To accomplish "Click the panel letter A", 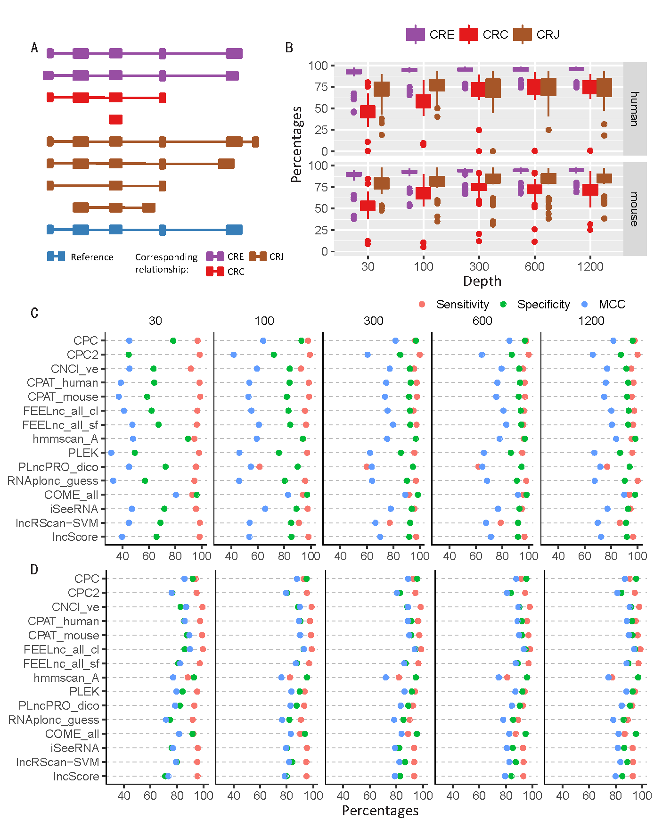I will (34, 48).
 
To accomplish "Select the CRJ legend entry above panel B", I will (537, 34).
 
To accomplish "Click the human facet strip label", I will (635, 109).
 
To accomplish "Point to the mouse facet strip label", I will (635, 209).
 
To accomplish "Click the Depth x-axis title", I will (482, 281).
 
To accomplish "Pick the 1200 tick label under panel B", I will (590, 266).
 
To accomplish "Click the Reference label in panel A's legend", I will (92, 257).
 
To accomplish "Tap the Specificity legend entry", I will (543, 305).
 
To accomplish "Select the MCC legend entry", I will (612, 305).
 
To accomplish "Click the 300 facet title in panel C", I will (373, 321).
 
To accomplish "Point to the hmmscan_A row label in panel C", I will (65, 439).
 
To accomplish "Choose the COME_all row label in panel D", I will (72, 734).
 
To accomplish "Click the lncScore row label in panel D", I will (76, 776).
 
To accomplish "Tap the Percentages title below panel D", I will (380, 811).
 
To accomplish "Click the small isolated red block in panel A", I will (115, 119).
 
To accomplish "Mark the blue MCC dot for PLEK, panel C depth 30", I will (111, 453).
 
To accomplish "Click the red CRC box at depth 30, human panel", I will (368, 112).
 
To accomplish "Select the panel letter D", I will (34, 570).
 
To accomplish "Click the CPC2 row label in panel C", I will (82, 355).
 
